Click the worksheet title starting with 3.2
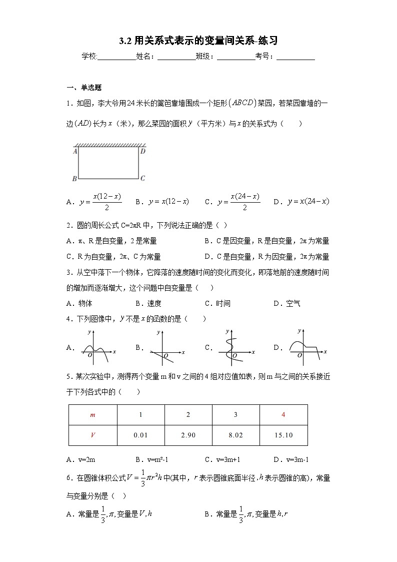click(x=198, y=41)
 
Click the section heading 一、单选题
click(x=84, y=88)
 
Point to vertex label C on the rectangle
click(x=142, y=178)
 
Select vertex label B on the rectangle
click(x=74, y=178)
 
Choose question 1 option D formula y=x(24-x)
click(x=308, y=202)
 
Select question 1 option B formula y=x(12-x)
click(x=168, y=202)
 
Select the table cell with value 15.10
click(x=283, y=435)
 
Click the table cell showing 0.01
click(x=140, y=435)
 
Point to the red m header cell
click(x=92, y=415)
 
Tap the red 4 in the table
click(x=283, y=415)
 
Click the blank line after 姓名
click(x=176, y=57)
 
